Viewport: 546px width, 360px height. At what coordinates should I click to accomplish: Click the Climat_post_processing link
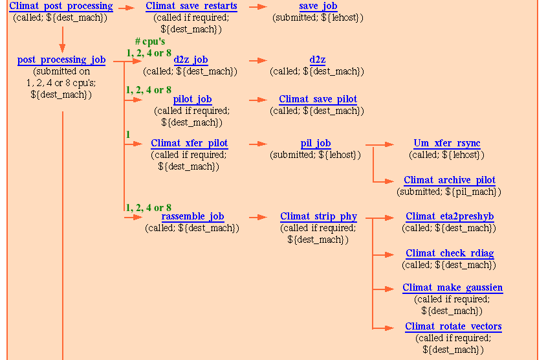(61, 6)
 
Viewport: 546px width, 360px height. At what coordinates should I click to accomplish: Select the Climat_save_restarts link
(191, 6)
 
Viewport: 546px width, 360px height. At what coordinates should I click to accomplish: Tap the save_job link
(318, 6)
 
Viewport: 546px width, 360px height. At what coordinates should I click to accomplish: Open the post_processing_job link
(61, 60)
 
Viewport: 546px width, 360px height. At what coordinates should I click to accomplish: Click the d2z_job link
(190, 60)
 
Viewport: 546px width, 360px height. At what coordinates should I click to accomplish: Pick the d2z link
(317, 60)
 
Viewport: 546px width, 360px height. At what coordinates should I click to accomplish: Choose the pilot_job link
(192, 100)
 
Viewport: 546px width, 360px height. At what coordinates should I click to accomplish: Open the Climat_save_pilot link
(318, 100)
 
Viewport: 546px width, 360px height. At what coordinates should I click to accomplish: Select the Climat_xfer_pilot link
(189, 143)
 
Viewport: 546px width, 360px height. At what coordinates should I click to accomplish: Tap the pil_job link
(316, 143)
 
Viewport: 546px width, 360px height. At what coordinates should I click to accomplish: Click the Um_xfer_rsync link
(446, 143)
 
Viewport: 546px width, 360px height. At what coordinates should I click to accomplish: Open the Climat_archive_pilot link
(450, 181)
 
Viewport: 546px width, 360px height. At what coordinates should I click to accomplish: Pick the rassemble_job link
(192, 217)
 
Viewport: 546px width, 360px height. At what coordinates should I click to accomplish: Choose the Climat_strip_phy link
(318, 217)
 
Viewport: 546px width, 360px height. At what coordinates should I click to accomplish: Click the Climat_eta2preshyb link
(450, 217)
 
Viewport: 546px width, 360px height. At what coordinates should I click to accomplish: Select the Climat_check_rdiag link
(450, 254)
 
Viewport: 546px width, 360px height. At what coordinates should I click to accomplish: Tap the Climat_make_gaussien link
(452, 288)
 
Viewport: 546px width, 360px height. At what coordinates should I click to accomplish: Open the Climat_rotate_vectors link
(453, 327)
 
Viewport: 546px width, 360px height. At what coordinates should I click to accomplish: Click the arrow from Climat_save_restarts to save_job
(258, 7)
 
